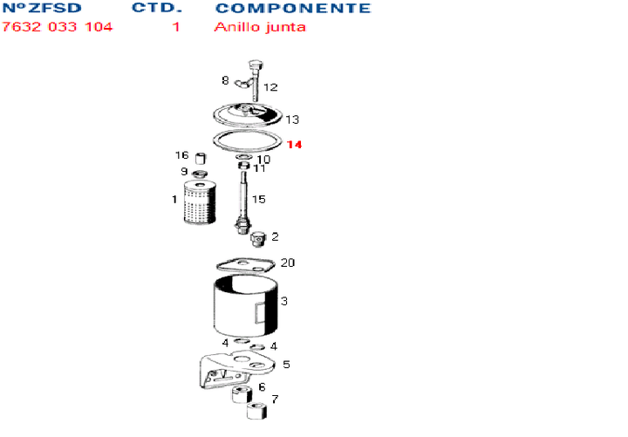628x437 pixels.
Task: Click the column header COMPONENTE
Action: click(292, 9)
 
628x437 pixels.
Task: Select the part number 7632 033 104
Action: click(58, 26)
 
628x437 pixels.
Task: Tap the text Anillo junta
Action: click(260, 26)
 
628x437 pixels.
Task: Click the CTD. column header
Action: click(157, 9)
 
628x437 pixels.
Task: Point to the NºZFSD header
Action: click(44, 9)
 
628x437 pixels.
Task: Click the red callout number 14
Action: click(295, 145)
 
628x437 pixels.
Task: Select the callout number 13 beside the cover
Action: click(292, 119)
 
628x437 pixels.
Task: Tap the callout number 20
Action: click(288, 263)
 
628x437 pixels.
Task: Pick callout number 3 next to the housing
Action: click(284, 301)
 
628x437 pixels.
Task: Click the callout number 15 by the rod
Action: click(258, 200)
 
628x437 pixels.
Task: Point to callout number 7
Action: click(276, 399)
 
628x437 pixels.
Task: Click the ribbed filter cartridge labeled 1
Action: click(199, 202)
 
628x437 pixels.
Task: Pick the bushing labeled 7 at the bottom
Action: click(256, 412)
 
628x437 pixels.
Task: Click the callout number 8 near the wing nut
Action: click(225, 80)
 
